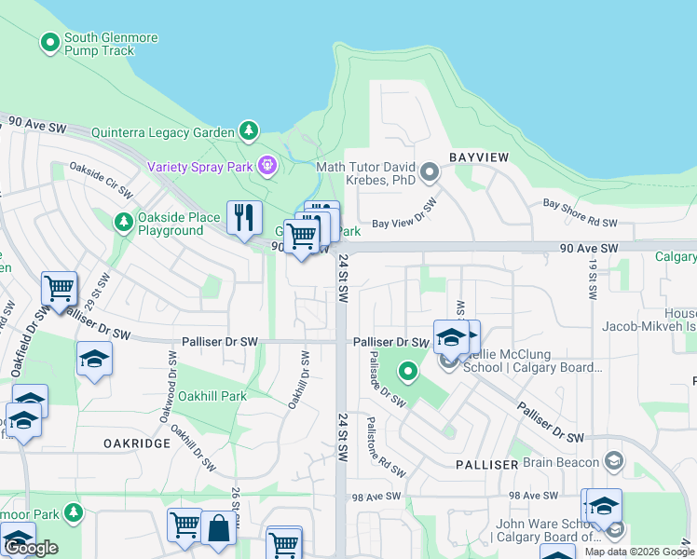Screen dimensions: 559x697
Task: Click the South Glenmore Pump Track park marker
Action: [49, 43]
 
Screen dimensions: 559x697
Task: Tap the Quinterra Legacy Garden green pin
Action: [249, 131]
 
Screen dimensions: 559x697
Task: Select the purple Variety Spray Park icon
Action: [268, 166]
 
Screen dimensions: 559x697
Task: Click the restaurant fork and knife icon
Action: [244, 219]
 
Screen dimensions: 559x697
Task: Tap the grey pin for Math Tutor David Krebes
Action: [430, 171]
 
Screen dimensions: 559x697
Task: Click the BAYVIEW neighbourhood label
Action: [480, 157]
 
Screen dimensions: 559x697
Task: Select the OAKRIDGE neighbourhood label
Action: [137, 443]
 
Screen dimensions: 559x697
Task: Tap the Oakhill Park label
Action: [212, 396]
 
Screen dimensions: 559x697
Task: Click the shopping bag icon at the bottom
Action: [218, 528]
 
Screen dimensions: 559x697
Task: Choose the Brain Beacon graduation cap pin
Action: [614, 460]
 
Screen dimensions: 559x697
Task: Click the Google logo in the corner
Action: [31, 548]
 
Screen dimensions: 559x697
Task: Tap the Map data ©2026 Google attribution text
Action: [639, 552]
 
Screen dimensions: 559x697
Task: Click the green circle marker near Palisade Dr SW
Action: [407, 373]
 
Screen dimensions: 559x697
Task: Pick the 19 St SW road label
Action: [593, 279]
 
